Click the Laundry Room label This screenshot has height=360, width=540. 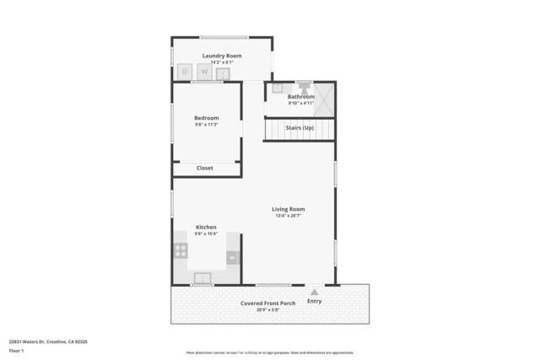click(x=222, y=56)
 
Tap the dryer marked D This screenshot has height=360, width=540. click(x=186, y=73)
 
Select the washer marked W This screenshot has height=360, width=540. click(x=203, y=73)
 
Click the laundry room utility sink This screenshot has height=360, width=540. click(x=223, y=73)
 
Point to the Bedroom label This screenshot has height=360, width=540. click(x=206, y=117)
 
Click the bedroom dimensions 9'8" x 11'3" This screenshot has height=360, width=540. click(x=206, y=125)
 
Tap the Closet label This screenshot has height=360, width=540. click(x=205, y=168)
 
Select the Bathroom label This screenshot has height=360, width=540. click(x=300, y=96)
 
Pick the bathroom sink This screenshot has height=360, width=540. click(x=277, y=87)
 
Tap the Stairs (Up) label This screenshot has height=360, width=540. click(x=300, y=127)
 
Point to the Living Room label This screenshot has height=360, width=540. click(x=288, y=209)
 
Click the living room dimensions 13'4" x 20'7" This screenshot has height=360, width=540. click(x=288, y=216)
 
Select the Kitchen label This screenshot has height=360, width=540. click(x=206, y=227)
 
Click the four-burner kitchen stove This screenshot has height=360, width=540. click(x=181, y=250)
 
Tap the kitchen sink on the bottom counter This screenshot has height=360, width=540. click(x=202, y=277)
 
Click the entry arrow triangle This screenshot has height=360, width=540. click(x=314, y=292)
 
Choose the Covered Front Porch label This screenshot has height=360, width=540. click(x=267, y=303)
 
